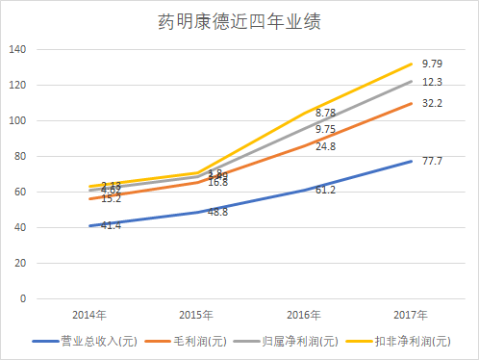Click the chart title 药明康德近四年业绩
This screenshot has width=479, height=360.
239,22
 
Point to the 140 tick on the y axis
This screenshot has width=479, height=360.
19,49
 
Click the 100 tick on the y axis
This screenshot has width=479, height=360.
19,120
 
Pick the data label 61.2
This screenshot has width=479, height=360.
326,191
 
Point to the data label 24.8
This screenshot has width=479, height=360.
326,146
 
